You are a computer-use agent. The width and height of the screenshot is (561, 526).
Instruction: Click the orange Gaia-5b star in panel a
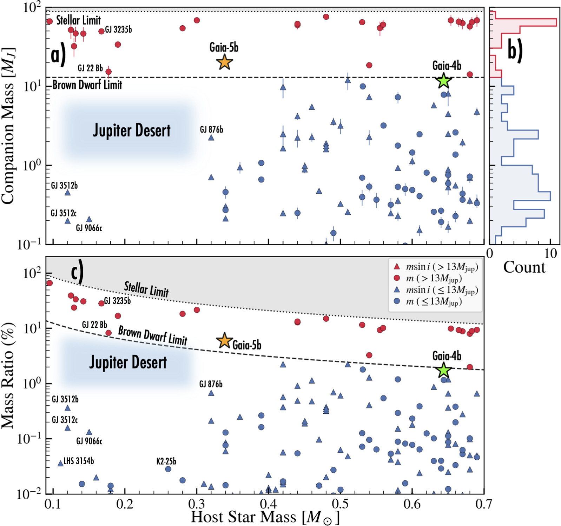(x=224, y=62)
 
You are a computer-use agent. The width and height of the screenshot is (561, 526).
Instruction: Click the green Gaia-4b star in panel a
(x=444, y=81)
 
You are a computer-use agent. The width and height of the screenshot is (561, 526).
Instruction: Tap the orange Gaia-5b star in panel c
(x=224, y=341)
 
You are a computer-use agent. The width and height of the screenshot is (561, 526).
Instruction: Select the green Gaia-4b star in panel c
(x=444, y=370)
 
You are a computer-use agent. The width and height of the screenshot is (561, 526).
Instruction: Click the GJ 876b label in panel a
(x=211, y=130)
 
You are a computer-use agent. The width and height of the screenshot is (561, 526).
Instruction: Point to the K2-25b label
(x=166, y=461)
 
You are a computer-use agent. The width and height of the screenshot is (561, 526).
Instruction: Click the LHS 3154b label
(x=79, y=461)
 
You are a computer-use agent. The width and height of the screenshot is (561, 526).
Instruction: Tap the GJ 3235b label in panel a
(x=118, y=30)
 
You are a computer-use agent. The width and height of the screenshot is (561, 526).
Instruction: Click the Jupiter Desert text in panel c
(x=128, y=362)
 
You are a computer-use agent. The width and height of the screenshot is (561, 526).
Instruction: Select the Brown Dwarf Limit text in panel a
(x=87, y=85)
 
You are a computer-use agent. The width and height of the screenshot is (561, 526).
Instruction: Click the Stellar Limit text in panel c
(x=146, y=289)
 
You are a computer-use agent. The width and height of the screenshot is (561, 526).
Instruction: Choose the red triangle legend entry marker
(x=397, y=267)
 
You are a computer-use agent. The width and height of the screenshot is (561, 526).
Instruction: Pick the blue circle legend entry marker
(x=397, y=301)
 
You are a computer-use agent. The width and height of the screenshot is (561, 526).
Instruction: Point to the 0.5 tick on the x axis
(x=340, y=504)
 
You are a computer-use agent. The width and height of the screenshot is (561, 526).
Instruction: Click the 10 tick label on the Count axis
(x=550, y=253)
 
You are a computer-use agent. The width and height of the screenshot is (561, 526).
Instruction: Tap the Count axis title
(x=524, y=267)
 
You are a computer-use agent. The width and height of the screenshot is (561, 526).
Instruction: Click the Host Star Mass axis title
(x=265, y=518)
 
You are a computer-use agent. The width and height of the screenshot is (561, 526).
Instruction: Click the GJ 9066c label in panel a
(x=89, y=228)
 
